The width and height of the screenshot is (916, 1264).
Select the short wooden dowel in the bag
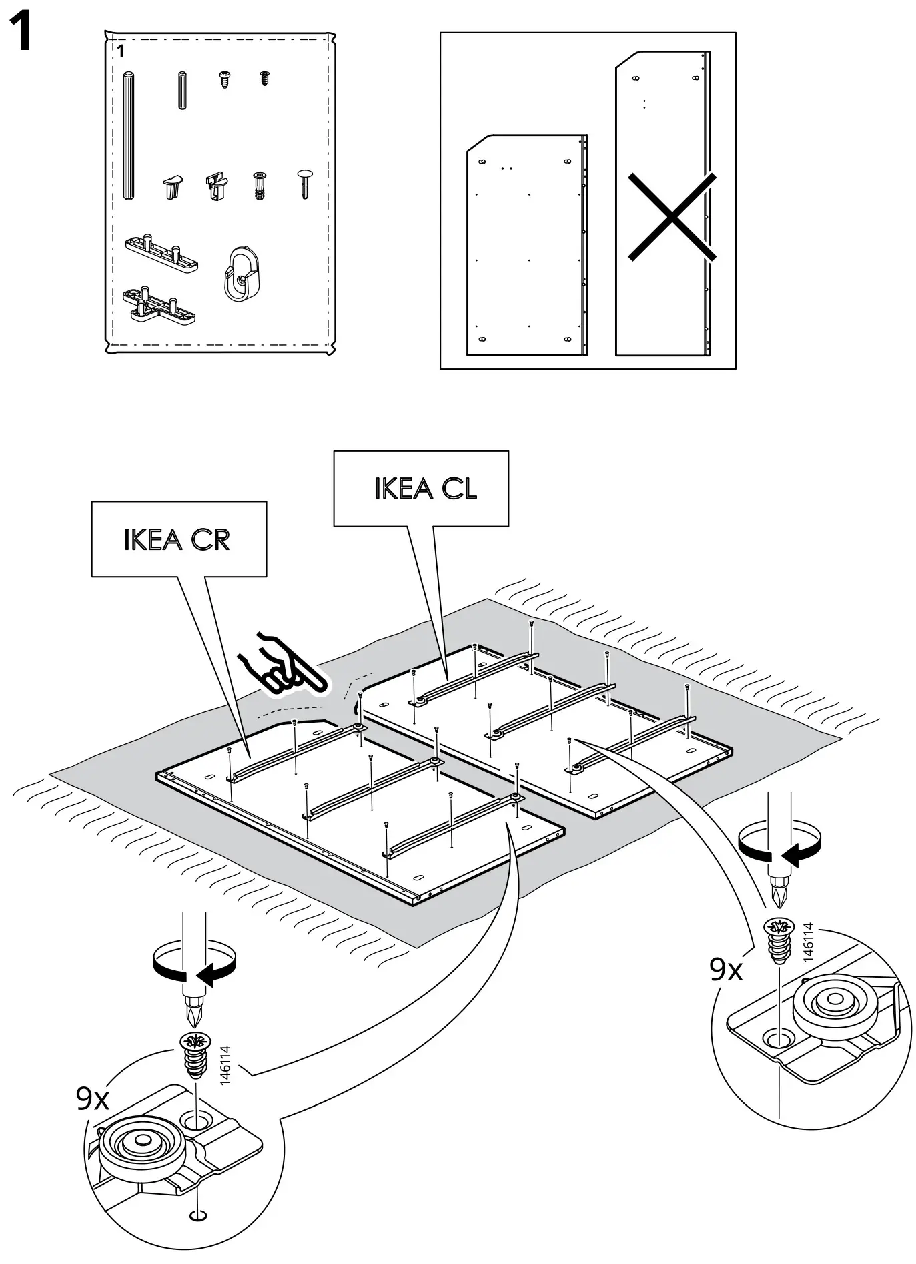click(x=182, y=90)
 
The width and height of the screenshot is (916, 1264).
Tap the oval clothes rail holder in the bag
click(x=239, y=274)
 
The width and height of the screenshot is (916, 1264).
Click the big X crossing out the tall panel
click(x=672, y=216)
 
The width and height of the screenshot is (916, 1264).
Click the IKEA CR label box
click(x=179, y=539)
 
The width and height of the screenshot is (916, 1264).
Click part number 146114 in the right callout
click(x=809, y=941)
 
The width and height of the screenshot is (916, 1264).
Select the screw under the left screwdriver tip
click(x=195, y=1055)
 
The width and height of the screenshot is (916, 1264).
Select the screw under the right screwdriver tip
click(x=778, y=940)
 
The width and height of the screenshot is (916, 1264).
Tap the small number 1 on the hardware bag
click(x=121, y=51)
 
